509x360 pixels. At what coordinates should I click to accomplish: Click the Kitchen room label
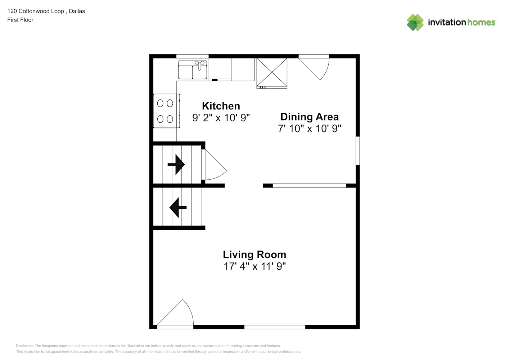pyautogui.click(x=221, y=106)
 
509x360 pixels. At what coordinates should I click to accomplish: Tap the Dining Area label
pyautogui.click(x=310, y=117)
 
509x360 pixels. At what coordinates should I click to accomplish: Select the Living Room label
pyautogui.click(x=254, y=255)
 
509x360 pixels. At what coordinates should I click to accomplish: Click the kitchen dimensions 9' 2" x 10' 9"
pyautogui.click(x=221, y=118)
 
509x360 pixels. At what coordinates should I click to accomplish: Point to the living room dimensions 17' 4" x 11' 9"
pyautogui.click(x=254, y=266)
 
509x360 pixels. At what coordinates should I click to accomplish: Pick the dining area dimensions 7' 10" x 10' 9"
pyautogui.click(x=310, y=129)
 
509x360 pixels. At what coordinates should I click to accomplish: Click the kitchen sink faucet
pyautogui.click(x=199, y=65)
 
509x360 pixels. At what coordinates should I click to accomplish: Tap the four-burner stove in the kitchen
pyautogui.click(x=167, y=111)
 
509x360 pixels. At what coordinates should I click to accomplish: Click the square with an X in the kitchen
pyautogui.click(x=272, y=72)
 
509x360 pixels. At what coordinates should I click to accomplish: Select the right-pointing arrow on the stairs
pyautogui.click(x=176, y=165)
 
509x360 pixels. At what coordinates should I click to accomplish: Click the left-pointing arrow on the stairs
pyautogui.click(x=178, y=207)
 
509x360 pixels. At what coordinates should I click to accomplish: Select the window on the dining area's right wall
pyautogui.click(x=358, y=151)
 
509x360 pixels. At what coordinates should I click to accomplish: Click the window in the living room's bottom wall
pyautogui.click(x=275, y=327)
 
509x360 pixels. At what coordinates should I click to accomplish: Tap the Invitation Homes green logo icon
pyautogui.click(x=415, y=22)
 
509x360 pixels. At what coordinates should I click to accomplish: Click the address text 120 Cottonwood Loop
pyautogui.click(x=36, y=11)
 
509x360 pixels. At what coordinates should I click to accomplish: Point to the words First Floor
pyautogui.click(x=20, y=20)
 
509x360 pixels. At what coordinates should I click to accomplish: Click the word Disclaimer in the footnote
pyautogui.click(x=24, y=346)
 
